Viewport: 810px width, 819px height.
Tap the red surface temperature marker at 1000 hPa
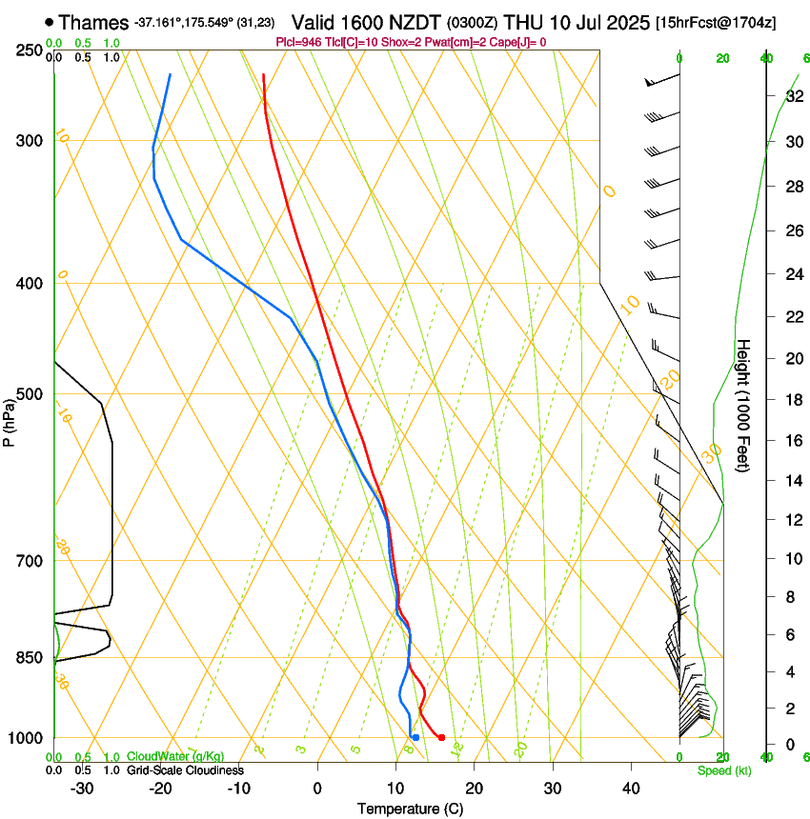(x=441, y=737)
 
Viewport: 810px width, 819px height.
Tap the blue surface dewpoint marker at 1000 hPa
(x=415, y=737)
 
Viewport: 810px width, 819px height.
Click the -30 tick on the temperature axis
(x=82, y=788)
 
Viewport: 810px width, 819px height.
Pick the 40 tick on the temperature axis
(x=630, y=788)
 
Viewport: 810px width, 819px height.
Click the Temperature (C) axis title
(x=410, y=809)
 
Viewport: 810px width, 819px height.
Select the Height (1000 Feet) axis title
(x=744, y=405)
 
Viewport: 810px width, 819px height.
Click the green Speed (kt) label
(x=723, y=769)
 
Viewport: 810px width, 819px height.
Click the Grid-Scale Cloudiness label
(x=183, y=769)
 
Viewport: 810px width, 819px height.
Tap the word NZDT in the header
(x=415, y=22)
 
